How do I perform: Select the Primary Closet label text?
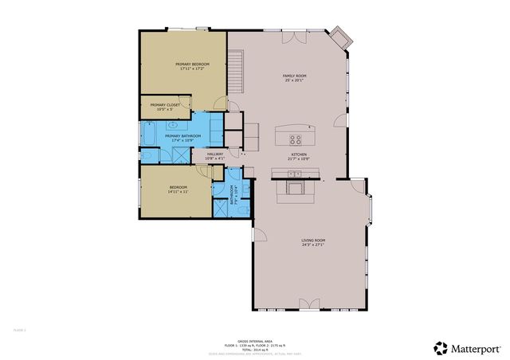[x=165, y=106]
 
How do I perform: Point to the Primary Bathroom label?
[x=182, y=138]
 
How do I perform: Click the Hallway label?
[x=215, y=156]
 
